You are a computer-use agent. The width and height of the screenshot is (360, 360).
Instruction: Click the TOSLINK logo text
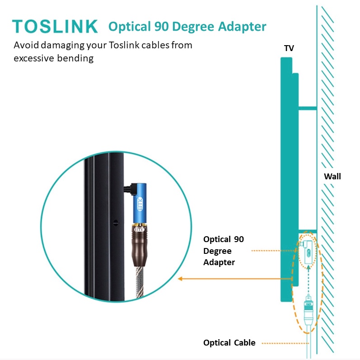[55, 26]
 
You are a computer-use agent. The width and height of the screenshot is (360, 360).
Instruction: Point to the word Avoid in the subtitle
[25, 46]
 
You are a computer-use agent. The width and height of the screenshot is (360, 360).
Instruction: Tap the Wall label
[332, 176]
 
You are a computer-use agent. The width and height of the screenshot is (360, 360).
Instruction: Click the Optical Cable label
[229, 343]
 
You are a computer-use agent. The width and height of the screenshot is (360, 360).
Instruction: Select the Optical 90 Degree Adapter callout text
[223, 251]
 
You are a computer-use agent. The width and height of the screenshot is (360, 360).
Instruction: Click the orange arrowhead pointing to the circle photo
[180, 279]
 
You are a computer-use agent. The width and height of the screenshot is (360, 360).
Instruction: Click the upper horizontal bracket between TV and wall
[307, 108]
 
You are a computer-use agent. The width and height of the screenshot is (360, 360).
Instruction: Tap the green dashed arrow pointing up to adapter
[308, 280]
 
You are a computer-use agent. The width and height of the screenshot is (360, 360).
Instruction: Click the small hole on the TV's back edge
[116, 222]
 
